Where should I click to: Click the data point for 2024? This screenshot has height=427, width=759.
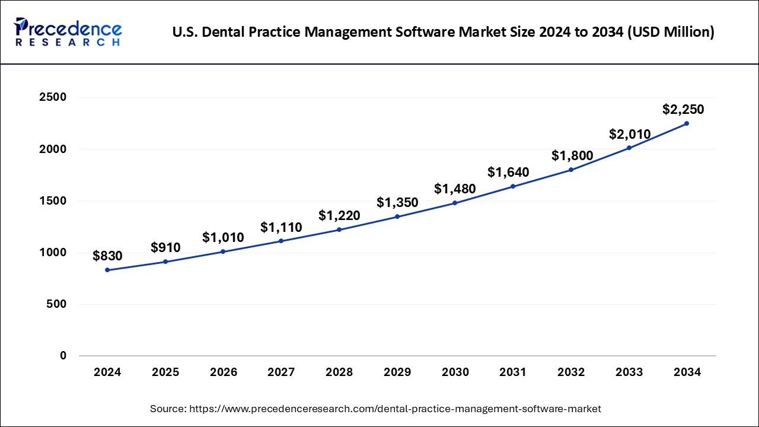(x=107, y=270)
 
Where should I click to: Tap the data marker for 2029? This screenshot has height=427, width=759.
(x=397, y=216)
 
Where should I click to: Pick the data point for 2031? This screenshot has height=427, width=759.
(x=513, y=186)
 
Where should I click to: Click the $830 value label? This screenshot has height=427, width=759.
(x=107, y=256)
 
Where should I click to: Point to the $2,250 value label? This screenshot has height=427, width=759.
(x=683, y=109)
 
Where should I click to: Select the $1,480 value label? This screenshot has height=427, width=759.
(x=455, y=189)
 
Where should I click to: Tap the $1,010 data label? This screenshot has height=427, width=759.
(x=223, y=237)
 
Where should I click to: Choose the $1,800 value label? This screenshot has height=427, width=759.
(x=572, y=155)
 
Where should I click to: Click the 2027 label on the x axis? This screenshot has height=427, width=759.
(x=281, y=372)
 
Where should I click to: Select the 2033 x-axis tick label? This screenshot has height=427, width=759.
(x=629, y=372)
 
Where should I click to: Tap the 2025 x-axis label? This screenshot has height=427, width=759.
(x=165, y=372)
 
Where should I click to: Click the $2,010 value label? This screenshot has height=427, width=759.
(x=630, y=134)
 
